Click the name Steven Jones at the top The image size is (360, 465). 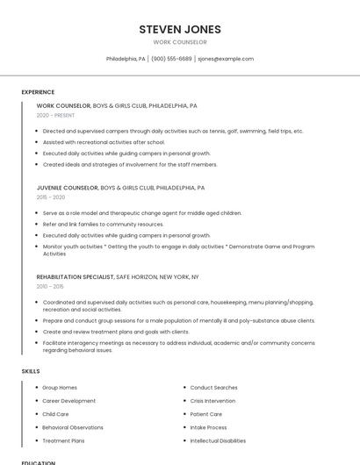click(180, 30)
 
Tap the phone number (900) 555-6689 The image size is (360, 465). click(171, 59)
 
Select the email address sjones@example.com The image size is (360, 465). click(226, 59)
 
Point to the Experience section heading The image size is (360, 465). click(38, 92)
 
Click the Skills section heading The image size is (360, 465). click(31, 371)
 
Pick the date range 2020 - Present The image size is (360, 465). click(55, 115)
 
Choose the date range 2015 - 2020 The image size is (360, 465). click(51, 197)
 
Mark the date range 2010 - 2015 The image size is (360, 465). click(50, 286)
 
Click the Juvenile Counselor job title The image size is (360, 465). click(68, 188)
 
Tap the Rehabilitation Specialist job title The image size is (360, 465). click(76, 276)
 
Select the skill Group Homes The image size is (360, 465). click(60, 388)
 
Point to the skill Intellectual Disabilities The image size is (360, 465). click(218, 440)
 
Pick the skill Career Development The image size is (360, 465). click(68, 401)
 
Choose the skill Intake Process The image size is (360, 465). click(208, 427)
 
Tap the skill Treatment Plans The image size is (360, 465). click(63, 440)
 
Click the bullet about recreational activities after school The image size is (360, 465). click(104, 142)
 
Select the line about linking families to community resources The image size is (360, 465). click(103, 225)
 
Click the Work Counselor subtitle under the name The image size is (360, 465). click(180, 42)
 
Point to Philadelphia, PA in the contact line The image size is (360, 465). click(126, 59)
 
